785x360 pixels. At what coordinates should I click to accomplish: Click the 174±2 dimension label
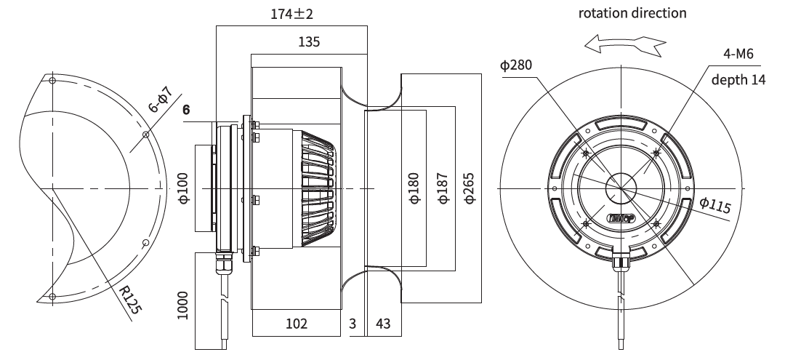coord(292,14)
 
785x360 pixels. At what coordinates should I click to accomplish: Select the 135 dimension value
coord(309,41)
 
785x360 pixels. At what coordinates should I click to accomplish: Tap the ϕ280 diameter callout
coord(516,65)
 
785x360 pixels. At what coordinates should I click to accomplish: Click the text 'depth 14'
coord(738,79)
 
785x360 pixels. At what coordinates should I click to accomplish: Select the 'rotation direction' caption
coord(632,13)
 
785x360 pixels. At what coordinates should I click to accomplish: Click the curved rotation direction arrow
coord(625,44)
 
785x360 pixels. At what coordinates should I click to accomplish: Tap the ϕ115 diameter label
coord(715,205)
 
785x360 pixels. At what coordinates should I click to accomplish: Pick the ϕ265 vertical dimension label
coord(469,188)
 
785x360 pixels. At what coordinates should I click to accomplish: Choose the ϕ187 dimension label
coord(443,188)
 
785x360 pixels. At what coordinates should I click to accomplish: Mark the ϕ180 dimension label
coord(414,188)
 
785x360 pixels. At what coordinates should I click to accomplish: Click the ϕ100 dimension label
coord(184,188)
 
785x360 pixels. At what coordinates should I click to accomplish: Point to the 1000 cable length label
coord(182,305)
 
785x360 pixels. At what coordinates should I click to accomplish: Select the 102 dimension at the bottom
coord(297,324)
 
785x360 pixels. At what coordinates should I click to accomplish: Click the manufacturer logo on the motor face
coord(621,217)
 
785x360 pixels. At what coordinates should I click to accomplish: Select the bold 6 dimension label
coord(186,110)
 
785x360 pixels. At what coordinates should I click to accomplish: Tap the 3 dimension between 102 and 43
coord(353,324)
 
